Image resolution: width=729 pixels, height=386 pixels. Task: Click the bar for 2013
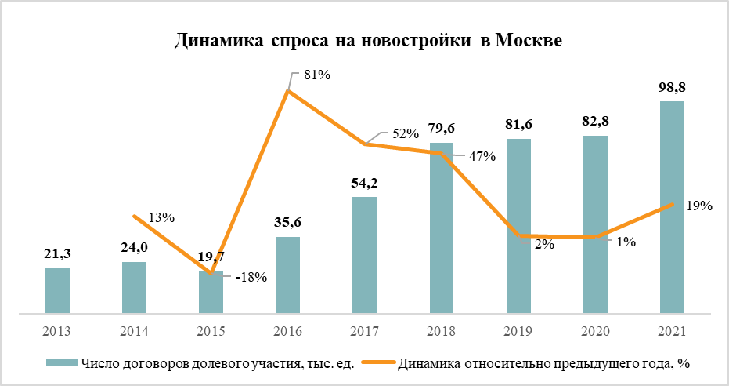pyautogui.click(x=57, y=291)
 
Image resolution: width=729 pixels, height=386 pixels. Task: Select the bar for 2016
pyautogui.click(x=287, y=275)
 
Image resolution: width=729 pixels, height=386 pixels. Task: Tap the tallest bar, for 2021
pyautogui.click(x=672, y=208)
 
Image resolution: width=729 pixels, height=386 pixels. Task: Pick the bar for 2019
pyautogui.click(x=518, y=227)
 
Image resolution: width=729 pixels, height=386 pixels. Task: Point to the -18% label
pyautogui.click(x=251, y=277)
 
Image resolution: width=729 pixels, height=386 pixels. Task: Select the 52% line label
pyautogui.click(x=406, y=133)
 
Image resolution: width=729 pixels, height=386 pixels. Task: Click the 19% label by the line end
pyautogui.click(x=698, y=206)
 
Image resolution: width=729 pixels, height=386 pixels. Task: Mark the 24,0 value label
pyautogui.click(x=134, y=247)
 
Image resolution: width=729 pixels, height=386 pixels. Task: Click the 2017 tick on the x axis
pyautogui.click(x=365, y=331)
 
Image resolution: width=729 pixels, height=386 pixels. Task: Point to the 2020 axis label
pyautogui.click(x=595, y=331)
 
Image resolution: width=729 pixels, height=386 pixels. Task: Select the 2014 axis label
pyautogui.click(x=134, y=331)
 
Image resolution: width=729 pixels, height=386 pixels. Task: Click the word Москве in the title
pyautogui.click(x=527, y=40)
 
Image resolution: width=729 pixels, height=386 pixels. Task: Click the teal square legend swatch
pyautogui.click(x=68, y=363)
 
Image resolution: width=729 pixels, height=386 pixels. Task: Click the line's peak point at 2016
pyautogui.click(x=288, y=91)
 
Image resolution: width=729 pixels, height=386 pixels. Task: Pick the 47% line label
pyautogui.click(x=482, y=155)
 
